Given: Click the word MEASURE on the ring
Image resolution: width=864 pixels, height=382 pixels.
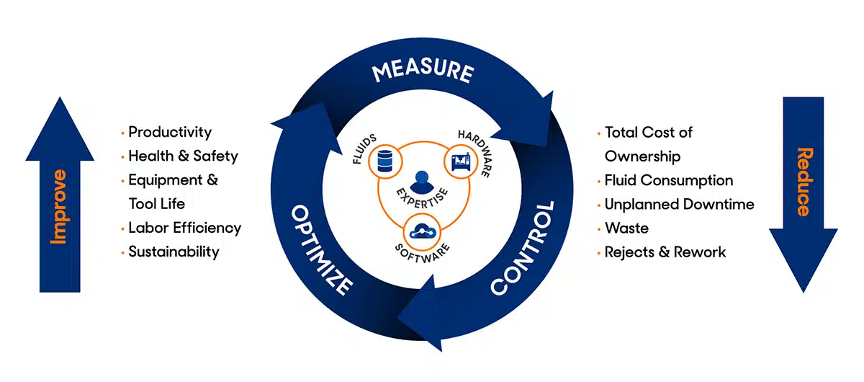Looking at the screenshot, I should [x=422, y=73].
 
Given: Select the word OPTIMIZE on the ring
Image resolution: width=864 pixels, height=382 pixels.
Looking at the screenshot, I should [x=321, y=249].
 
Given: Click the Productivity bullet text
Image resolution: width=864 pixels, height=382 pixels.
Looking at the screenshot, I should [x=170, y=133].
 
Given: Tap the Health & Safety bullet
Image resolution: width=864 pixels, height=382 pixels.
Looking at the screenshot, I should [x=183, y=156].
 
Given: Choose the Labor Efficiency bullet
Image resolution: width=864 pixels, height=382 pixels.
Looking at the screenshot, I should [x=184, y=228].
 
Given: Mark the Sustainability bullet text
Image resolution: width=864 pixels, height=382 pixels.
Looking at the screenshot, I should [x=174, y=252].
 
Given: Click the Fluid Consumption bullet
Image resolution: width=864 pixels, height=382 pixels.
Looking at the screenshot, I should [x=668, y=180].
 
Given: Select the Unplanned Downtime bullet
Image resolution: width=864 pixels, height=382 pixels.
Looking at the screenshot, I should [x=679, y=204].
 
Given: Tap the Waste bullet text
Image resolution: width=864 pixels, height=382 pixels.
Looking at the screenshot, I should [x=626, y=228].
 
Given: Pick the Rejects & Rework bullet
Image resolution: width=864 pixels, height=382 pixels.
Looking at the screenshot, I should [x=665, y=252].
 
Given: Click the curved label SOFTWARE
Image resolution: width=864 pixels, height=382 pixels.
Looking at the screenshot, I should [x=422, y=252].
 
